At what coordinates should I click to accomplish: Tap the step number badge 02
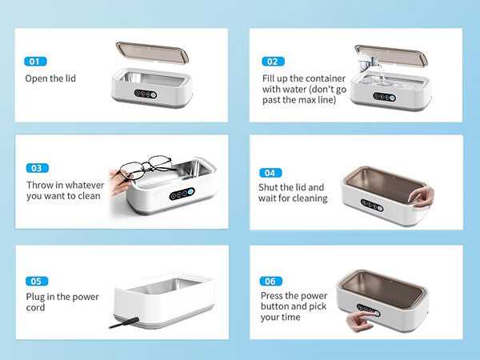tap(273, 61)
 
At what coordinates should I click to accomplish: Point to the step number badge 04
tap(271, 172)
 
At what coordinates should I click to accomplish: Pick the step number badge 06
tap(271, 281)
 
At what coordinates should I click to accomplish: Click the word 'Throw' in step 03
tap(41, 184)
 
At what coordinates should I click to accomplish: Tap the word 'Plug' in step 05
tap(37, 297)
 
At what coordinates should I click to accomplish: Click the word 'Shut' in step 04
tap(273, 187)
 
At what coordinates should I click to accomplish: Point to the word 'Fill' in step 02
tap(270, 78)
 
